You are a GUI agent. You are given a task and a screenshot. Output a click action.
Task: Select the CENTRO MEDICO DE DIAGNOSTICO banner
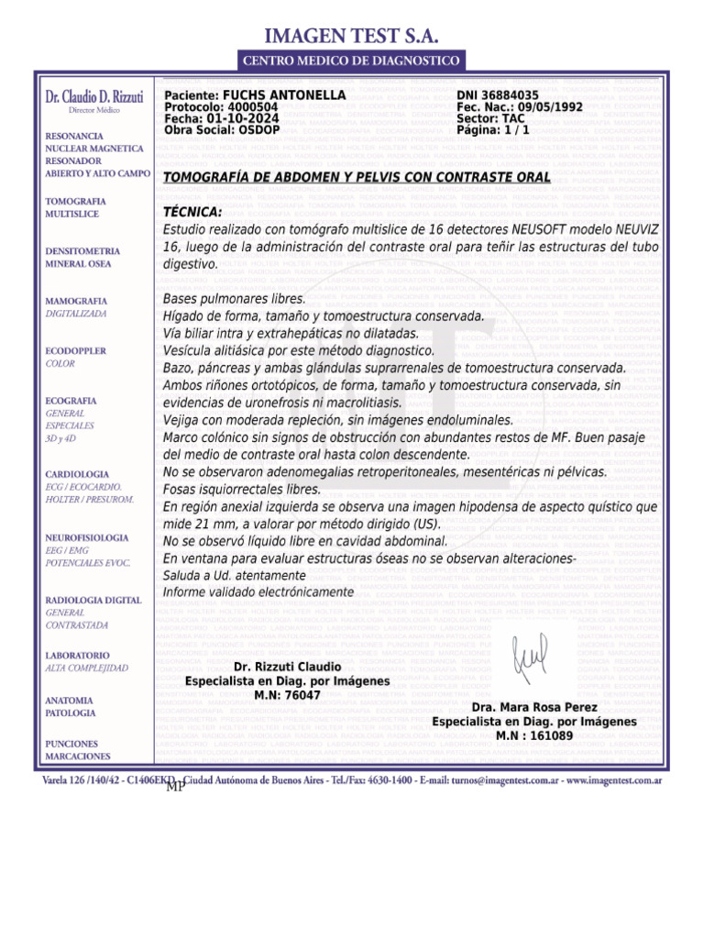click(x=351, y=61)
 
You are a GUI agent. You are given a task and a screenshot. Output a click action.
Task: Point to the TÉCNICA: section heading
click(x=192, y=213)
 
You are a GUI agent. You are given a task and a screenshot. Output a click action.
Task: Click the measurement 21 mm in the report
click(x=211, y=525)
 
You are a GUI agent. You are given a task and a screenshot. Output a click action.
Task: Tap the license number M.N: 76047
click(x=287, y=695)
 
